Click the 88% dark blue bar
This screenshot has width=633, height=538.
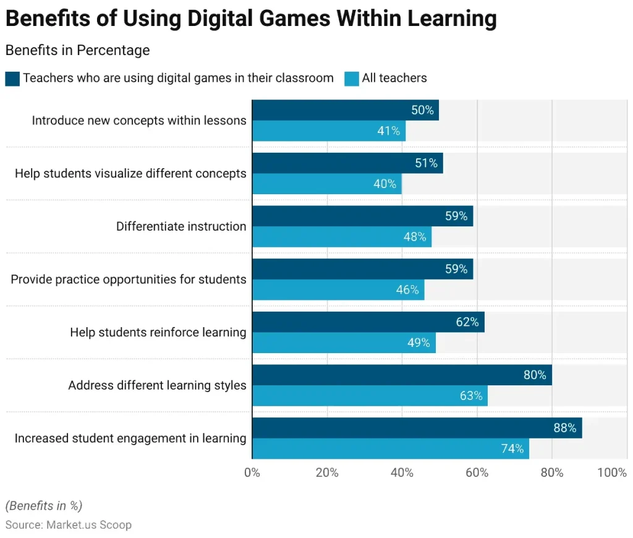click(417, 428)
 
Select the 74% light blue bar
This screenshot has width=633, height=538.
click(390, 449)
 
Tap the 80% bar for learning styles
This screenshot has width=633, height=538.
click(402, 375)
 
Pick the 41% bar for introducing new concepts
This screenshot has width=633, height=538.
click(328, 131)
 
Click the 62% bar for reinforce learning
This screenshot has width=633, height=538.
click(368, 322)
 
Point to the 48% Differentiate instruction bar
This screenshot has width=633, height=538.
click(341, 237)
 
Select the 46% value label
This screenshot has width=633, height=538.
click(407, 289)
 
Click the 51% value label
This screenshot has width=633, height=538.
click(426, 163)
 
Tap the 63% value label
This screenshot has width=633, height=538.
click(471, 396)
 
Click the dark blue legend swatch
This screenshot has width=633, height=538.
click(12, 79)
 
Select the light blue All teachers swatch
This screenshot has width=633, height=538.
click(352, 79)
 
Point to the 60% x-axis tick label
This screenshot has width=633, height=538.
click(477, 473)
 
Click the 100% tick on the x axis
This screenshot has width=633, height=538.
click(612, 473)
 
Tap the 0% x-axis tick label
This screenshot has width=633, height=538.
click(252, 473)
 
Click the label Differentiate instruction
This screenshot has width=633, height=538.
click(181, 226)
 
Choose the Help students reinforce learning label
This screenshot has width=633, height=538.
click(158, 333)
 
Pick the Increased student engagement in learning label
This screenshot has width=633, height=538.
click(130, 438)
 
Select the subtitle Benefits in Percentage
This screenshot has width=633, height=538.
click(77, 50)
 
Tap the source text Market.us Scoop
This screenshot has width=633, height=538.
click(88, 525)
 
